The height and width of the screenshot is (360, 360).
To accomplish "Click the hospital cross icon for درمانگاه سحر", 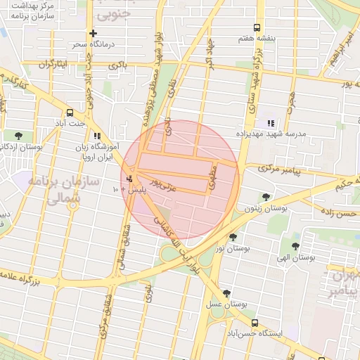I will tap(92, 33).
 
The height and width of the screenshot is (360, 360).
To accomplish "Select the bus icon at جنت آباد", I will tap(70, 112).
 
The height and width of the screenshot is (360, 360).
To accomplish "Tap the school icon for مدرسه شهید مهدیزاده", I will tap(270, 124).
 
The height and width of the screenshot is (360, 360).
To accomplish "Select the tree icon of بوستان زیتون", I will tap(265, 198).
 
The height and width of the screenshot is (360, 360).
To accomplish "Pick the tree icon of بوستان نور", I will tap(233, 238).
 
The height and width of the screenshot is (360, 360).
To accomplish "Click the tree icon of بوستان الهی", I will tap(295, 246).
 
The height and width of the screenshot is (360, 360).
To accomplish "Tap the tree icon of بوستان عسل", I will tap(226, 293).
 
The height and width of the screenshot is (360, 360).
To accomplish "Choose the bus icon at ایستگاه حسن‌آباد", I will tap(255, 323).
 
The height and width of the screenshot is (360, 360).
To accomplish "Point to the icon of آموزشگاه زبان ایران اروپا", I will tap(97, 136).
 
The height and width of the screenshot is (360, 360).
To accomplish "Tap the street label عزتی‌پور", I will tap(169, 186).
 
